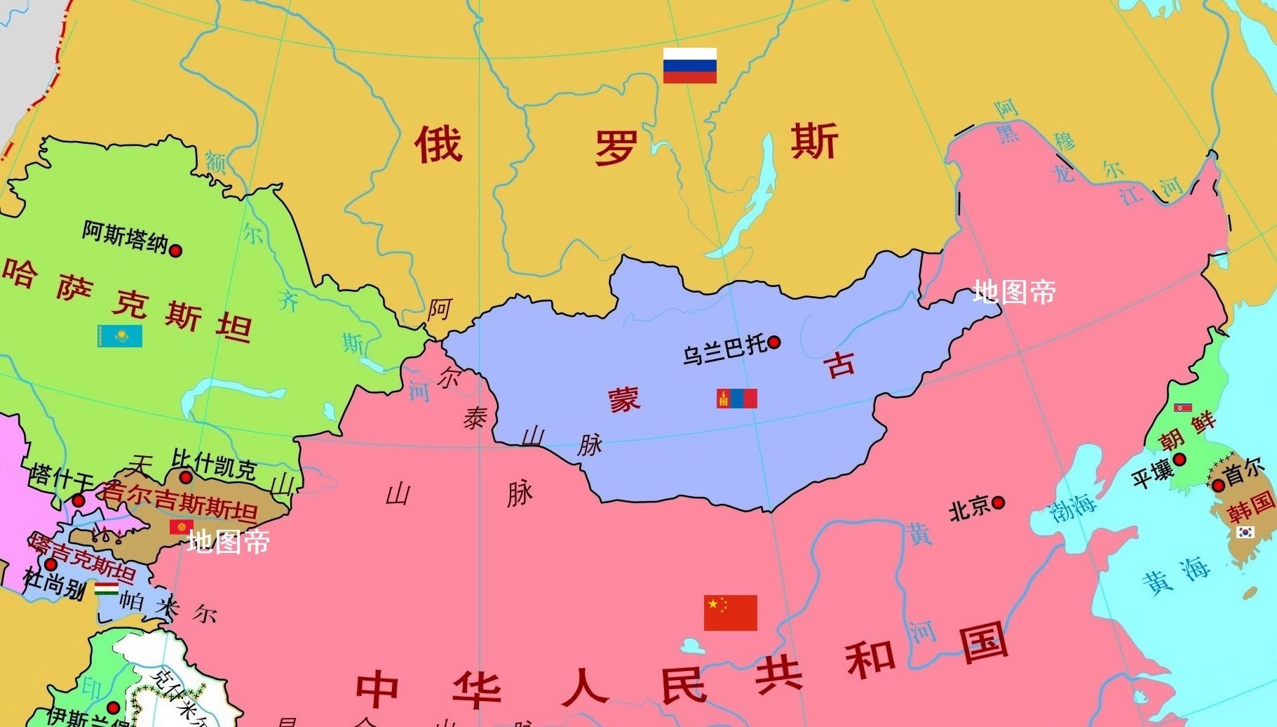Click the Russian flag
coord(689,65)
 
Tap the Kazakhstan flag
coord(120,335)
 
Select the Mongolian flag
coord(736,399)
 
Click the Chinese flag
coord(730,613)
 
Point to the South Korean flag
coord(1245,533)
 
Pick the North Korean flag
coord(1183,407)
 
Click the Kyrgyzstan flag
coord(182,526)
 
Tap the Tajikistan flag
coord(107,588)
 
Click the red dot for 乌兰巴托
coord(774,342)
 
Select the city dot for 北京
coord(998,502)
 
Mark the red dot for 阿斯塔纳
coord(176,250)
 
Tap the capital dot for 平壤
coord(1180,460)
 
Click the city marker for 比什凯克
coord(185,477)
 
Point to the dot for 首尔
coord(1218,485)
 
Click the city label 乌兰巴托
coord(724,349)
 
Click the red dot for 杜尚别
coord(50,564)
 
